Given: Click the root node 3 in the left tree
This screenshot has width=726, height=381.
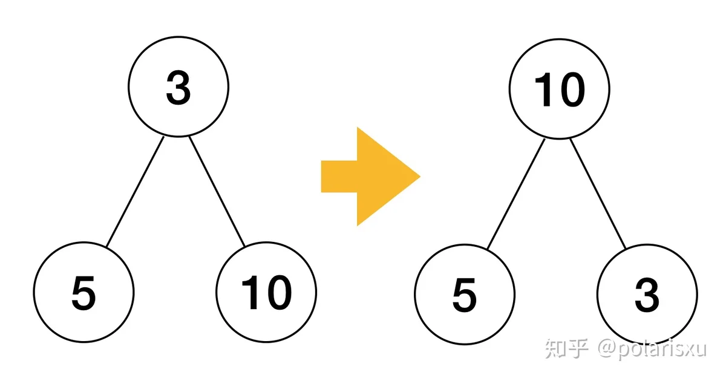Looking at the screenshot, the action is [x=178, y=87].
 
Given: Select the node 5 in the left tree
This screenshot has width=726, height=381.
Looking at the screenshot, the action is [x=83, y=292].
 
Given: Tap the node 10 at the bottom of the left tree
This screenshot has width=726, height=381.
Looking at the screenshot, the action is [x=266, y=292].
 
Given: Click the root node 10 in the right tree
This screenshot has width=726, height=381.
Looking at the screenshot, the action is [x=560, y=89].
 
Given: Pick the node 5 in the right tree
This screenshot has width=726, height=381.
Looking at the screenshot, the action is [x=465, y=295].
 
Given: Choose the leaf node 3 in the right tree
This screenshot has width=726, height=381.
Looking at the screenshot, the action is [x=647, y=295].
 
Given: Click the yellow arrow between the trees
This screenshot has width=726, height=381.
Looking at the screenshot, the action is [x=371, y=177].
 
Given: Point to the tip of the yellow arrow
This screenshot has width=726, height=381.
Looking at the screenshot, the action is [x=420, y=177].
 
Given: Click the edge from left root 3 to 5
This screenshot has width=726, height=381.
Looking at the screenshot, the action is [x=135, y=192].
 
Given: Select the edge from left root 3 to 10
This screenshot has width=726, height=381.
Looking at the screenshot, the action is [x=217, y=192].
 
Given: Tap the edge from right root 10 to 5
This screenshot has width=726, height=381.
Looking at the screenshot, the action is [x=516, y=194].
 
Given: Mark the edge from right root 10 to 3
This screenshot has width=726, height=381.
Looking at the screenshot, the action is [x=598, y=194].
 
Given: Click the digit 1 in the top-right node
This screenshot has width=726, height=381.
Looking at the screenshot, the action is [x=543, y=89].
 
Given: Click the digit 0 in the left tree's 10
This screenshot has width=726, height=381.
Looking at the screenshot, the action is [x=279, y=293].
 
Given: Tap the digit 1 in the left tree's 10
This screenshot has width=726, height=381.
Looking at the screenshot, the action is [x=250, y=292].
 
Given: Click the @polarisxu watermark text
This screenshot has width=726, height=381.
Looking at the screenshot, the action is [x=652, y=350].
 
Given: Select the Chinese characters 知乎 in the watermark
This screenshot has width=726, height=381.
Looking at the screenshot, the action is [x=567, y=348].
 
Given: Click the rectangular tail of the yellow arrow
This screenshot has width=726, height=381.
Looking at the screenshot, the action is [x=339, y=177].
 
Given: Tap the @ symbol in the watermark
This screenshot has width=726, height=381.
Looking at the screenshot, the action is [x=607, y=348].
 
